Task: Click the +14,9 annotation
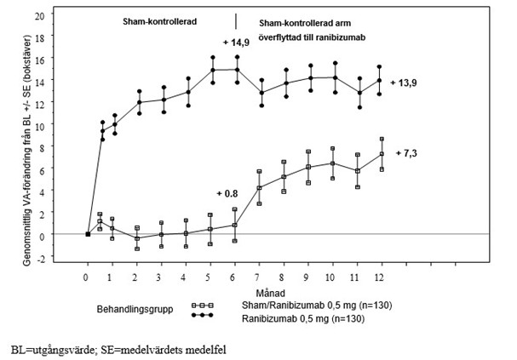tap(235, 42)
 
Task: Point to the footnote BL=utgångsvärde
tap(49, 349)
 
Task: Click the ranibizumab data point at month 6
tap(235, 70)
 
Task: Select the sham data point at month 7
tap(259, 188)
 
